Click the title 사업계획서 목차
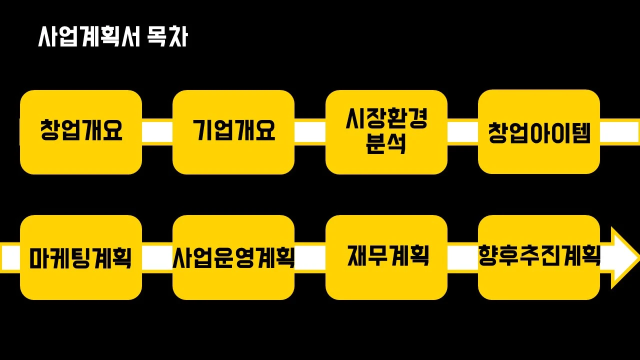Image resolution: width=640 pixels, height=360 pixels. coord(113,37)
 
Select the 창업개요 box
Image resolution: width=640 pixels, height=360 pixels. coord(81,132)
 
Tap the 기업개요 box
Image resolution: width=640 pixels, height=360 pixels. coord(233,132)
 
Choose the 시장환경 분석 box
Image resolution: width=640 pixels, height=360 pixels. coord(386,132)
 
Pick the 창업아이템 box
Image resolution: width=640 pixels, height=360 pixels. coord(539,132)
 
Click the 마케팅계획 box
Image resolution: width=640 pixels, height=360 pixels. coord(81,257)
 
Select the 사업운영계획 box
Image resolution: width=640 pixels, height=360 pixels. coord(233,257)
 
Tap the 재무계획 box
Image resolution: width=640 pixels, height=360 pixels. coord(386,257)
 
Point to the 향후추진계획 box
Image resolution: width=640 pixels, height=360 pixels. coord(539,257)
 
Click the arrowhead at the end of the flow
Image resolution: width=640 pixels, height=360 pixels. coord(624,257)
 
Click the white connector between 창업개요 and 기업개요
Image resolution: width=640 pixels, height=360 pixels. coord(157,132)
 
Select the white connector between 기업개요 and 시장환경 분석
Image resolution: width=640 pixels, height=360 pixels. coord(309,132)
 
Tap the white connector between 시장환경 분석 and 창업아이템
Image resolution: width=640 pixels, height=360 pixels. coord(462,132)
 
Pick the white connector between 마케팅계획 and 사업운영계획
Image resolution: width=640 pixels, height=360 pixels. coord(157,257)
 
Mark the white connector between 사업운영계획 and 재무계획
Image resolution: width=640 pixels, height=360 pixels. coord(309,257)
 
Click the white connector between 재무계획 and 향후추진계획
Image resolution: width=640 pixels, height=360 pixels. coord(462,257)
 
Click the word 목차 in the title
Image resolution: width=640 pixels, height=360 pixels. coord(167,37)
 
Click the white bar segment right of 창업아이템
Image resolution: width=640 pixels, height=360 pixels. coord(619,132)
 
